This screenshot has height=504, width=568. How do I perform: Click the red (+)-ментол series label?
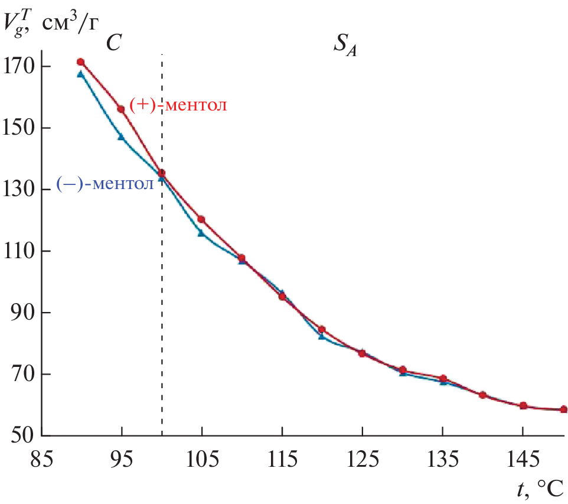click(179, 106)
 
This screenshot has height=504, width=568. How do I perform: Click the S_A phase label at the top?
click(346, 45)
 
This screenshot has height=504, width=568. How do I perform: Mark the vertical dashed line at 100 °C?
click(162, 295)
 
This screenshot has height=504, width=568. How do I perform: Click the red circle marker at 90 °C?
click(81, 62)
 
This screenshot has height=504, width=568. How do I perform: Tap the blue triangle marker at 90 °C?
click(81, 74)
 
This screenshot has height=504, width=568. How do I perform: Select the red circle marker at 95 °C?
click(121, 109)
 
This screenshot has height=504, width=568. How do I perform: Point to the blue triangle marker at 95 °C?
click(121, 136)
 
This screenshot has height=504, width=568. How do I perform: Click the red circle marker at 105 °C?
click(201, 219)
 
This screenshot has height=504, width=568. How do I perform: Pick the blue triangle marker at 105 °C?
click(201, 233)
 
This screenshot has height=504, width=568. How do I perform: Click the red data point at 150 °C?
click(563, 409)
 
